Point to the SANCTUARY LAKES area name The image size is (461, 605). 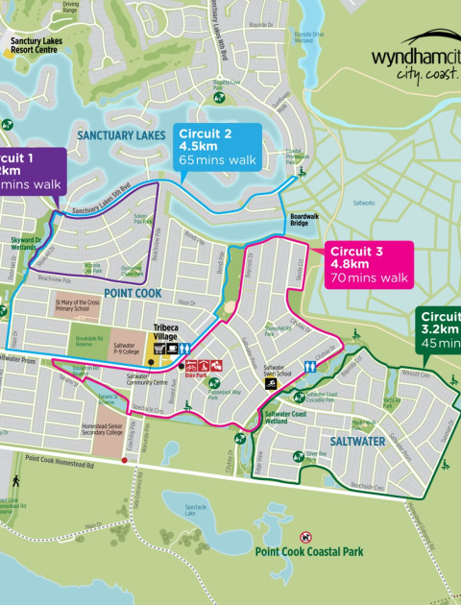click(x=121, y=136)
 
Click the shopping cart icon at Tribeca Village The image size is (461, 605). click(x=152, y=350)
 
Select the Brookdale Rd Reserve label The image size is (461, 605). click(x=87, y=343)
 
